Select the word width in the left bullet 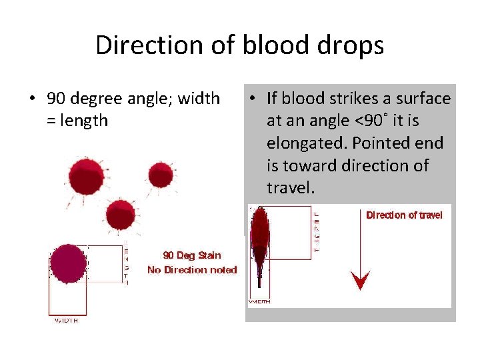pos(195,99)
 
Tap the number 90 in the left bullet pos(56,99)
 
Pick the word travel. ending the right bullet pos(291,187)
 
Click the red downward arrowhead pos(361,281)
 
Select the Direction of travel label pos(404,215)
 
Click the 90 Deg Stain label pos(192,255)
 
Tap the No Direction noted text pos(192,270)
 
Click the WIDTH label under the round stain pos(66,321)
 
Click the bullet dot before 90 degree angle pos(32,99)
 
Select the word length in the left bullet pos(84,121)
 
